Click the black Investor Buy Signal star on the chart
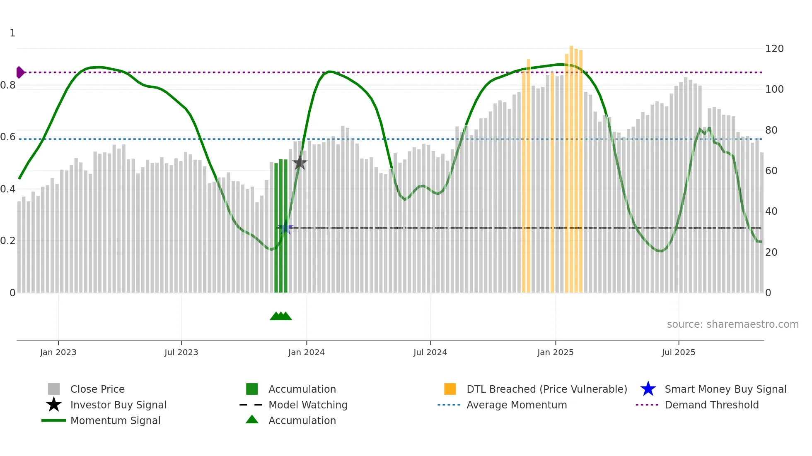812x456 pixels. coord(300,163)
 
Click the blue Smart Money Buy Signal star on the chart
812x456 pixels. coord(285,228)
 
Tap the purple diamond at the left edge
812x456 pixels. coord(20,72)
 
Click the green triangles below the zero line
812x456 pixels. coord(281,316)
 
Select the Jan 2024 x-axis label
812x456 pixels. coord(306,352)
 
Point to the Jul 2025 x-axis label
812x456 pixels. coord(678,352)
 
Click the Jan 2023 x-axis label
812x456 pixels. coord(58,352)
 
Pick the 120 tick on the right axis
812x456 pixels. coord(774,49)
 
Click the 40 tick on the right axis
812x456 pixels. coord(771,211)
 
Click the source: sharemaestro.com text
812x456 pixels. coord(732,324)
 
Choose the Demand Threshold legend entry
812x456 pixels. coord(711,405)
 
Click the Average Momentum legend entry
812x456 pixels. coord(516,405)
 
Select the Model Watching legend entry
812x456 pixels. coord(307,405)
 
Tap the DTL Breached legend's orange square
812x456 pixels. coord(450,389)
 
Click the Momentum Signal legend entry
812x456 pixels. coord(115,420)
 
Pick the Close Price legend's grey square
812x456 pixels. coord(54,389)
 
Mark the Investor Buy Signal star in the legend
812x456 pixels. coord(54,405)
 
